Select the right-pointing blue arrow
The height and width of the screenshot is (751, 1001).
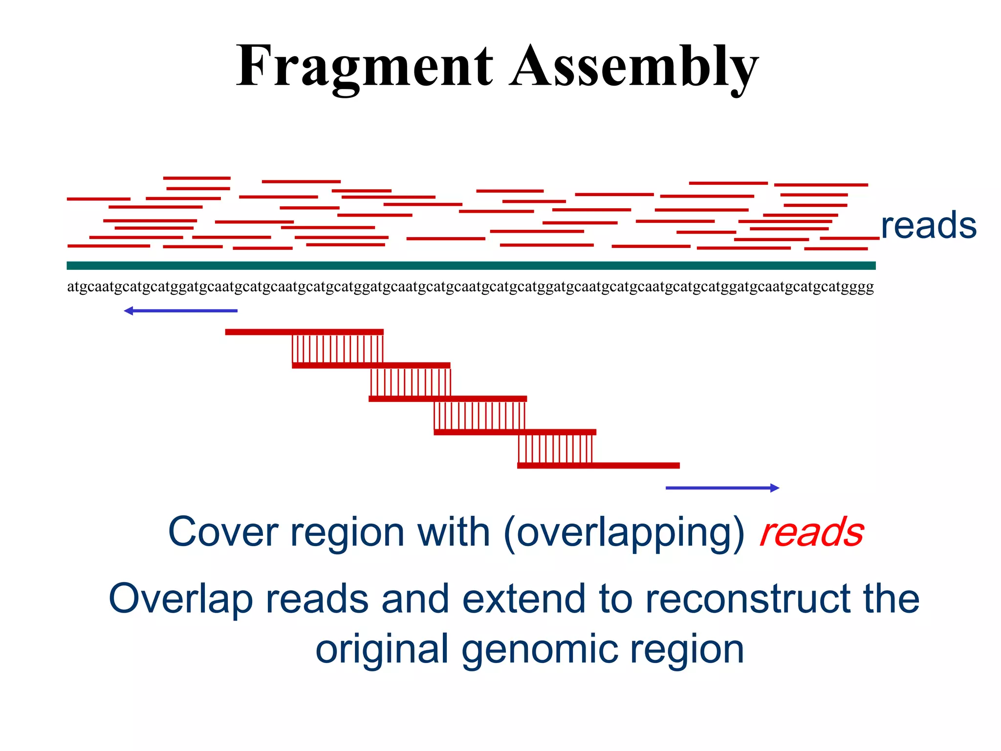pyautogui.click(x=722, y=488)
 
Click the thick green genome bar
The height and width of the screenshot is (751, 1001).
pyautogui.click(x=470, y=265)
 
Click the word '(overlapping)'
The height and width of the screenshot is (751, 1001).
pyautogui.click(x=624, y=533)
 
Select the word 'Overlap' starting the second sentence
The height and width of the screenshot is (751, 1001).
pyautogui.click(x=180, y=599)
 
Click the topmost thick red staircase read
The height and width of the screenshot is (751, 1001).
pyautogui.click(x=304, y=332)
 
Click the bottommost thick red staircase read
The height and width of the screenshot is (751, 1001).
pyautogui.click(x=598, y=465)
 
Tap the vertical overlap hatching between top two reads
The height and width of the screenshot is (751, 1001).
pyautogui.click(x=337, y=349)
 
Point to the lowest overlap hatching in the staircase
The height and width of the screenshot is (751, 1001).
pyautogui.click(x=555, y=448)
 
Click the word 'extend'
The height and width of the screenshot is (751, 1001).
pyautogui.click(x=523, y=599)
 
